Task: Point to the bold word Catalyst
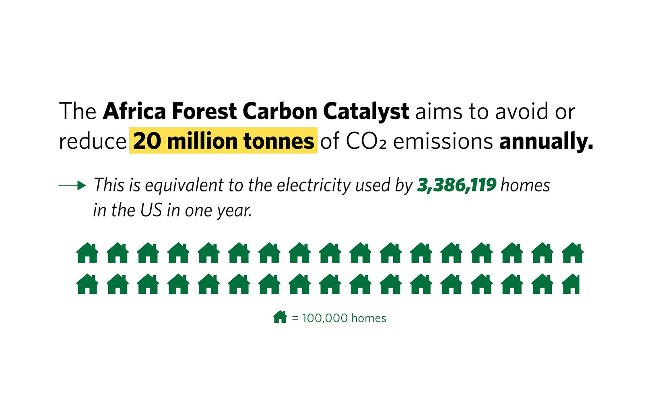click(366, 112)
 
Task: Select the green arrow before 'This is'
click(72, 185)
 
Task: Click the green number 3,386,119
click(457, 185)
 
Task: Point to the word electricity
click(313, 186)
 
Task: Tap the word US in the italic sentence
click(151, 210)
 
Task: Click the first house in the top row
click(87, 253)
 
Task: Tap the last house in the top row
click(573, 253)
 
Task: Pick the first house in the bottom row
click(87, 284)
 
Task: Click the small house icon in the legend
click(280, 317)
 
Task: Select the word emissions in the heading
click(443, 141)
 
